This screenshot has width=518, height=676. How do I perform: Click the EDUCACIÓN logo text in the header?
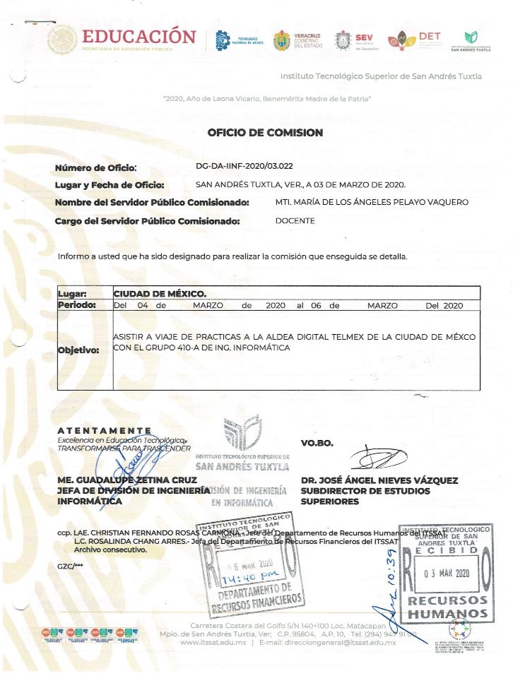139,37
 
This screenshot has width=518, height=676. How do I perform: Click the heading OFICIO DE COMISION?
265,132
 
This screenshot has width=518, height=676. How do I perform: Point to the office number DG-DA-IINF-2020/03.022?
244,167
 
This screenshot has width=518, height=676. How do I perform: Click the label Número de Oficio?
95,167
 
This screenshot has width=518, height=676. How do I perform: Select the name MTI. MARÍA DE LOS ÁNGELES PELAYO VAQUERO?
371,203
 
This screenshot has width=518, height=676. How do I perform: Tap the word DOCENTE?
295,221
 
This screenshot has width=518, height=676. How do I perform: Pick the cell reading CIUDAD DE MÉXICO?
160,293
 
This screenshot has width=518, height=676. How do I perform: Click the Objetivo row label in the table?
78,350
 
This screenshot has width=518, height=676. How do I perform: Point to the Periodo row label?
76,306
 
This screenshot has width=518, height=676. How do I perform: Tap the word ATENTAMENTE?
104,431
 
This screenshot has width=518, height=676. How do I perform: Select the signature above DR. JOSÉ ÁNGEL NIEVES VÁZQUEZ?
379,458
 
